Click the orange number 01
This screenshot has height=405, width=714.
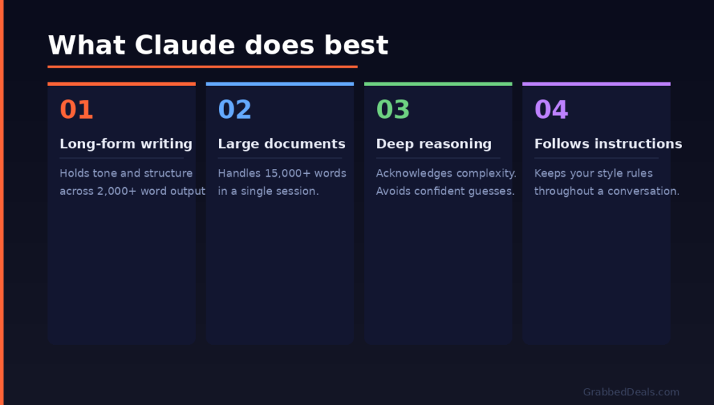pyautogui.click(x=76, y=110)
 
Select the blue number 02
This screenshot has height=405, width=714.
pyautogui.click(x=234, y=110)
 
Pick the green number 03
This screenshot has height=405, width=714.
pyautogui.click(x=393, y=110)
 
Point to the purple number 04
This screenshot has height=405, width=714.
pyautogui.click(x=551, y=110)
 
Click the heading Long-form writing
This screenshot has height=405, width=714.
pyautogui.click(x=126, y=144)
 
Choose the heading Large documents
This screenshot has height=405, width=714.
pyautogui.click(x=281, y=144)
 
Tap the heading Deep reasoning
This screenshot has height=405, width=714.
pyautogui.click(x=433, y=144)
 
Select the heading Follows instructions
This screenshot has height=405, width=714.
pyautogui.click(x=608, y=144)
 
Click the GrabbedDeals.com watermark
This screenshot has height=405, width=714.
pyautogui.click(x=631, y=392)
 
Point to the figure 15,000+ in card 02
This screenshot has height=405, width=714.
pyautogui.click(x=287, y=173)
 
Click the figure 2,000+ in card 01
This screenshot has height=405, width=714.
pyautogui.click(x=116, y=191)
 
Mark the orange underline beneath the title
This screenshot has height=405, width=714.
pyautogui.click(x=202, y=67)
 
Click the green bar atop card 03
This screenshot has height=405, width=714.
pyautogui.click(x=438, y=84)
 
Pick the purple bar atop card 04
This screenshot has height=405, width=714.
pyautogui.click(x=596, y=84)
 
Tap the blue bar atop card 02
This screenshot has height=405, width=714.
pyautogui.click(x=280, y=84)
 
